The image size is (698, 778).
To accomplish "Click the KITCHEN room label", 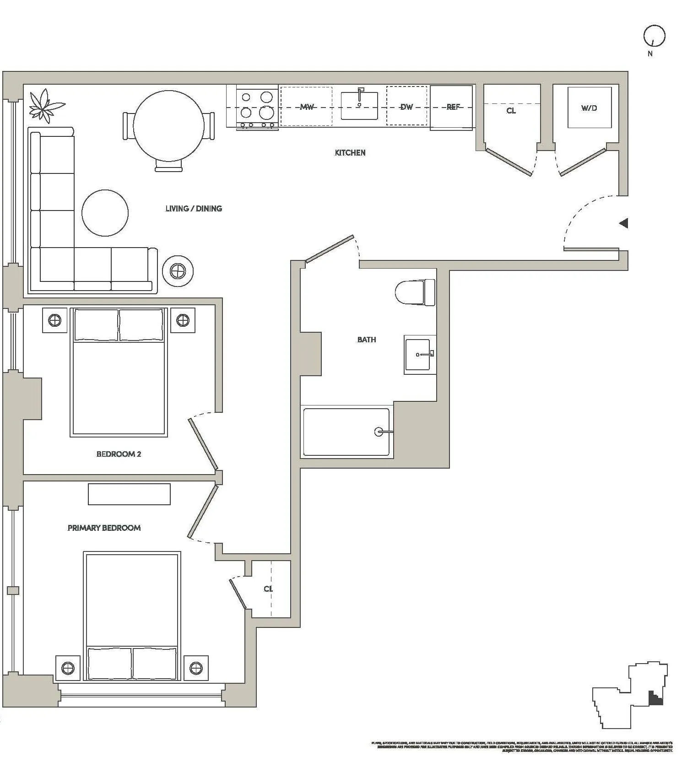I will pyautogui.click(x=350, y=153).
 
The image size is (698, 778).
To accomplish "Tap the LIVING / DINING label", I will pyautogui.click(x=194, y=209).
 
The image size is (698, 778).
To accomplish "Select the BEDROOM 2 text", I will pyautogui.click(x=119, y=454).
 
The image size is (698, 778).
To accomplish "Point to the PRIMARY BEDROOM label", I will pyautogui.click(x=104, y=528).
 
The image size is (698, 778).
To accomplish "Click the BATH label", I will pyautogui.click(x=367, y=340).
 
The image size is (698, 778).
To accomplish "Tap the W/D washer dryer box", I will pyautogui.click(x=589, y=108).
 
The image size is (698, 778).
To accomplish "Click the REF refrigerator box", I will pyautogui.click(x=452, y=107).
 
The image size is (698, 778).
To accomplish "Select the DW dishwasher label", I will pyautogui.click(x=406, y=107).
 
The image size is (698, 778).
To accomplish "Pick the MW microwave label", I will pyautogui.click(x=307, y=107).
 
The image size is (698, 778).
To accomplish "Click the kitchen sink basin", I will pyautogui.click(x=359, y=106).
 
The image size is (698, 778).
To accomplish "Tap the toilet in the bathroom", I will pyautogui.click(x=414, y=292).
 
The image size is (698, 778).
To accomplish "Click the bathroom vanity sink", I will pyautogui.click(x=417, y=355).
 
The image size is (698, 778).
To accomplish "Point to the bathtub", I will pyautogui.click(x=346, y=432).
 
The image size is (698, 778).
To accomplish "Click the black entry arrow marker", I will pyautogui.click(x=623, y=223).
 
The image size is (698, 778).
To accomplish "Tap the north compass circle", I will pyautogui.click(x=654, y=36).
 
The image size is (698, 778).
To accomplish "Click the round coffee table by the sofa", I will pyautogui.click(x=105, y=213).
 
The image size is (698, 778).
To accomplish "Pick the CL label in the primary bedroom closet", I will pyautogui.click(x=268, y=589).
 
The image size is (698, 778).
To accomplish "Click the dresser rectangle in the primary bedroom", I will pyautogui.click(x=129, y=494).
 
